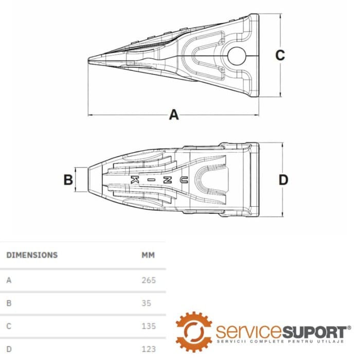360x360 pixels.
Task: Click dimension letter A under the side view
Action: click(174, 115)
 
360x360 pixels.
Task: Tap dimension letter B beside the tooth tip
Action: click(68, 179)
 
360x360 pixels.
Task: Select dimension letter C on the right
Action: click(280, 55)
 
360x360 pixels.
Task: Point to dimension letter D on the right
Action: click(283, 180)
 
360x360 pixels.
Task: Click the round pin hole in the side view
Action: click(237, 56)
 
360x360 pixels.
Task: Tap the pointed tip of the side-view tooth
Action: click(88, 60)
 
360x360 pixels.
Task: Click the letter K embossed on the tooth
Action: click(135, 180)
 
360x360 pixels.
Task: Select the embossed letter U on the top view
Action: click(184, 180)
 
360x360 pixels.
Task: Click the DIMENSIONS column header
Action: click(32, 255)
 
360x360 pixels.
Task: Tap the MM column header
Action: click(148, 255)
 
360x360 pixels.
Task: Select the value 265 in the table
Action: click(149, 280)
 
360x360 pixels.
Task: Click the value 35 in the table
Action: click(146, 303)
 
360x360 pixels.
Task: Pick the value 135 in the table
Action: click(149, 326)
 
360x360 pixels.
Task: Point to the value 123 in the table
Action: click(149, 349)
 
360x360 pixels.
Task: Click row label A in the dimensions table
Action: click(9, 280)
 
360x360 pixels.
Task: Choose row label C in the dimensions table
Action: click(9, 326)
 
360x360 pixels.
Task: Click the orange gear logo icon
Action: click(194, 332)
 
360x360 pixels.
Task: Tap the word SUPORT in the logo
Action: click(314, 332)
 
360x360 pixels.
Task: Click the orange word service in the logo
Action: click(249, 332)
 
